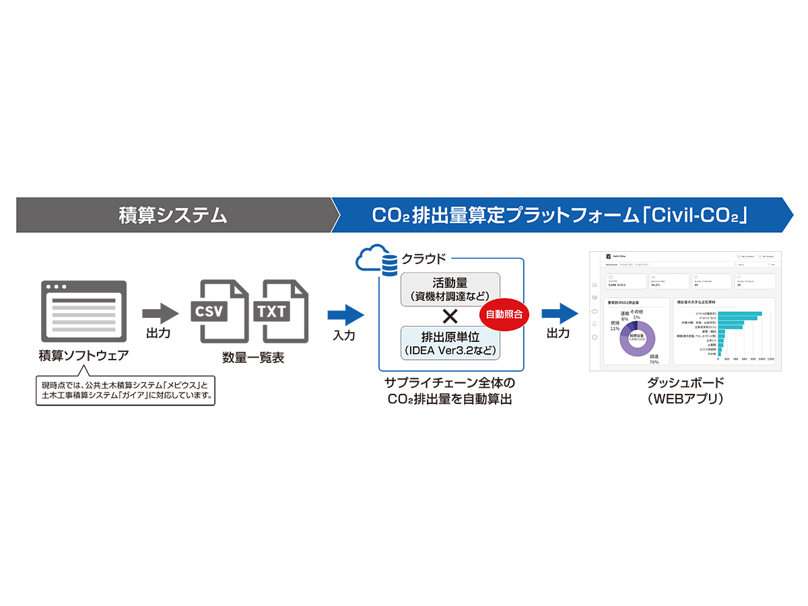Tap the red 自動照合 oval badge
(x=504, y=313)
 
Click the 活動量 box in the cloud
(x=450, y=289)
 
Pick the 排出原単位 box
(x=450, y=343)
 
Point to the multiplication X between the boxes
(x=450, y=316)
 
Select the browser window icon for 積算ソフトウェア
(x=83, y=311)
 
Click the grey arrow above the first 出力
(x=160, y=312)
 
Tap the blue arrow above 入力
(x=345, y=314)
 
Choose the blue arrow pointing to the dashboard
(x=560, y=313)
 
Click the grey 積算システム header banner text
(x=173, y=215)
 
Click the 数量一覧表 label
(x=252, y=358)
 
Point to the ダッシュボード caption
(x=685, y=382)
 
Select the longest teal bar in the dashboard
(x=739, y=314)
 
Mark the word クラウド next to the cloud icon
(x=424, y=258)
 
